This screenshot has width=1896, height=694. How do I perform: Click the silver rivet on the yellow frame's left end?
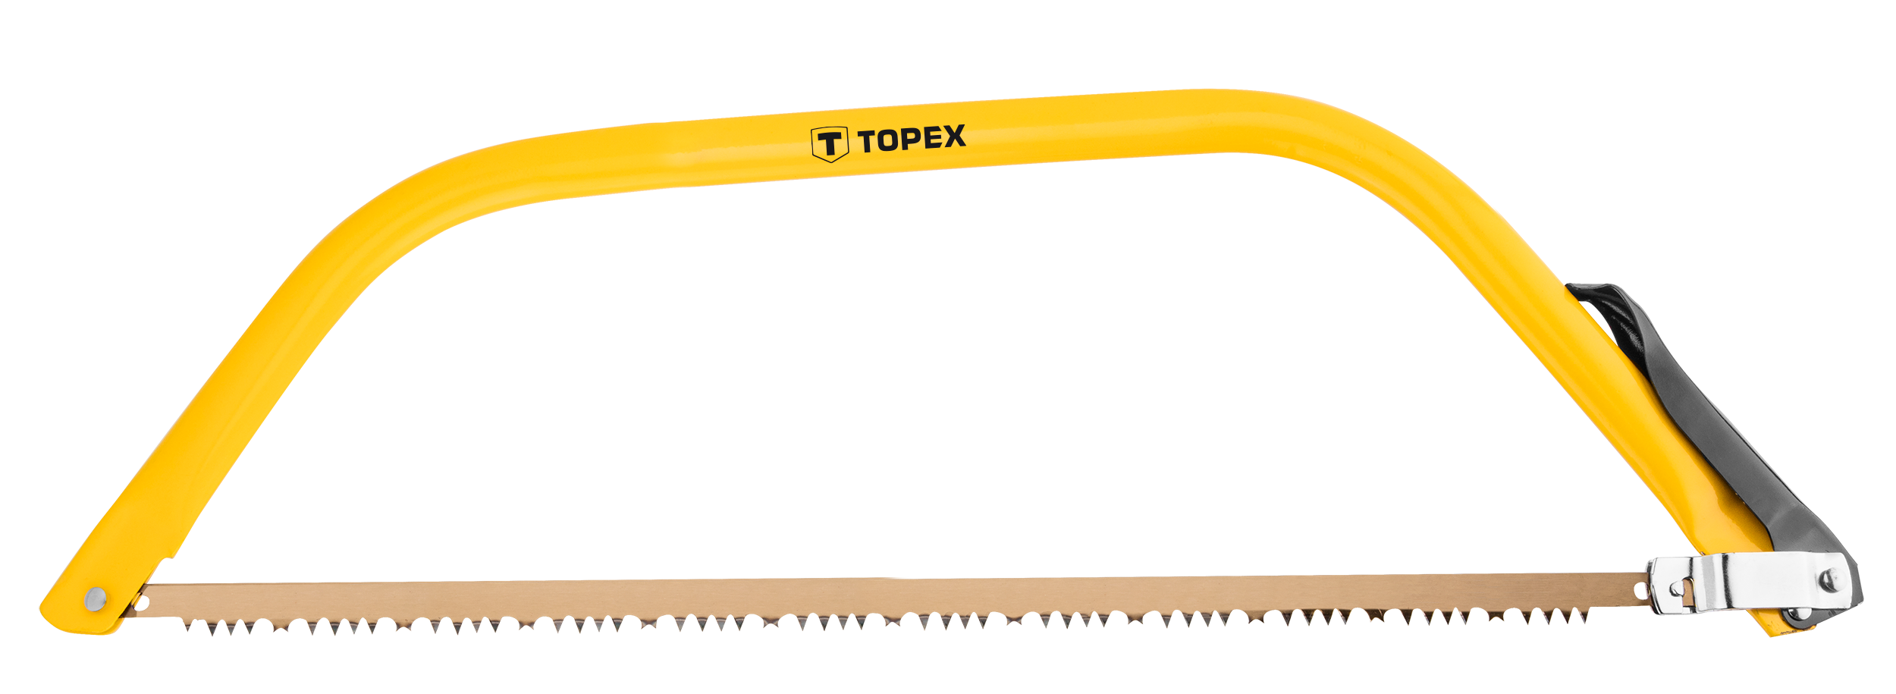point(96,599)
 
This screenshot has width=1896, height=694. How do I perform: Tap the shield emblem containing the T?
point(829,144)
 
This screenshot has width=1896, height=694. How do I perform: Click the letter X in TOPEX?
point(953,136)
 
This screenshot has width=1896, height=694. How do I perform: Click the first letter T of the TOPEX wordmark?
point(867,142)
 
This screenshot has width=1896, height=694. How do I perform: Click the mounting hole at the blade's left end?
point(141,604)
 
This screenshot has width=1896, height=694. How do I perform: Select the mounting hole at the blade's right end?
point(1642,589)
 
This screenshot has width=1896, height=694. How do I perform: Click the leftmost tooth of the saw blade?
point(187,626)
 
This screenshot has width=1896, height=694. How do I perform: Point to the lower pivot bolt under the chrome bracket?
point(1795,615)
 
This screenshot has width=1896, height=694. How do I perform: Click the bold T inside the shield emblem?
point(830,143)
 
